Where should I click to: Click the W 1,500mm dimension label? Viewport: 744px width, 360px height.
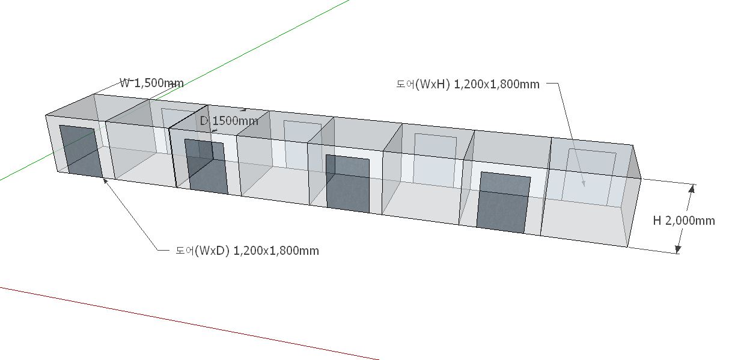(151, 83)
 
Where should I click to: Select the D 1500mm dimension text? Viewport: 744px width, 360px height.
(229, 121)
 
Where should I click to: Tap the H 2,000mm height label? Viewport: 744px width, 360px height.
(684, 221)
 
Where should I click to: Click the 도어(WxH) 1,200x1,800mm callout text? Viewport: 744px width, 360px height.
(468, 84)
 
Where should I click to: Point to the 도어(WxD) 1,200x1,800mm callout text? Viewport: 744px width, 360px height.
(247, 251)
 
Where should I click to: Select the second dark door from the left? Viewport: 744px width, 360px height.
(206, 166)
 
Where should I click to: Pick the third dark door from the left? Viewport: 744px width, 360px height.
(347, 183)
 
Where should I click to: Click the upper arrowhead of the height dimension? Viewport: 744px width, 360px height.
(692, 189)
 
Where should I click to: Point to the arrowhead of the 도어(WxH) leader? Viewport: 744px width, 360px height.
(582, 183)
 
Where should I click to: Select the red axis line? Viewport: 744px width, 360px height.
(180, 322)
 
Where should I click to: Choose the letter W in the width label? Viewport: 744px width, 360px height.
(125, 83)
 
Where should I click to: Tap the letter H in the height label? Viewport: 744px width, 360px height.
(657, 221)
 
